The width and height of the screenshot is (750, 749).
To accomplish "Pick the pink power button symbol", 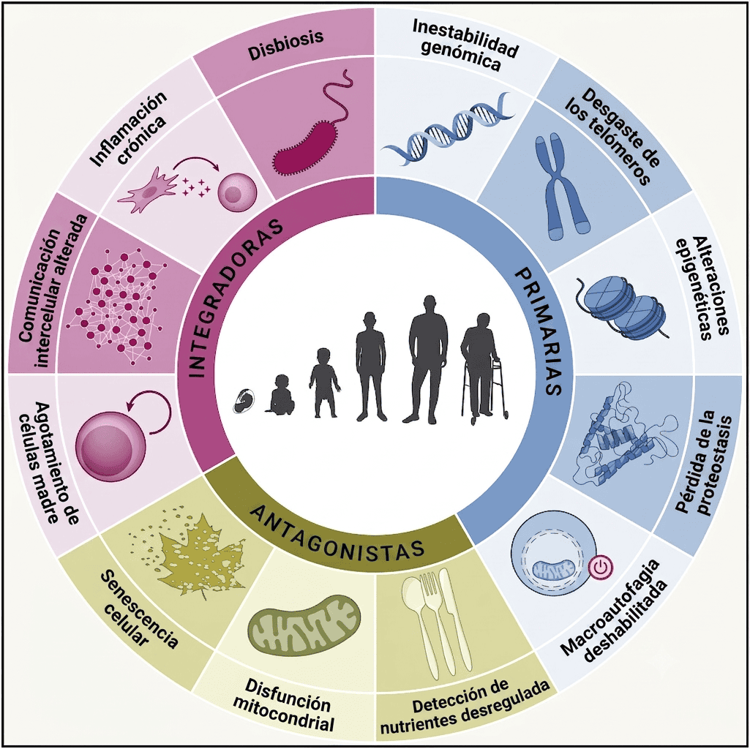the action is pos(601,568).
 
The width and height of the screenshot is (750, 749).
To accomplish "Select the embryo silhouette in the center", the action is pos(244,401).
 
